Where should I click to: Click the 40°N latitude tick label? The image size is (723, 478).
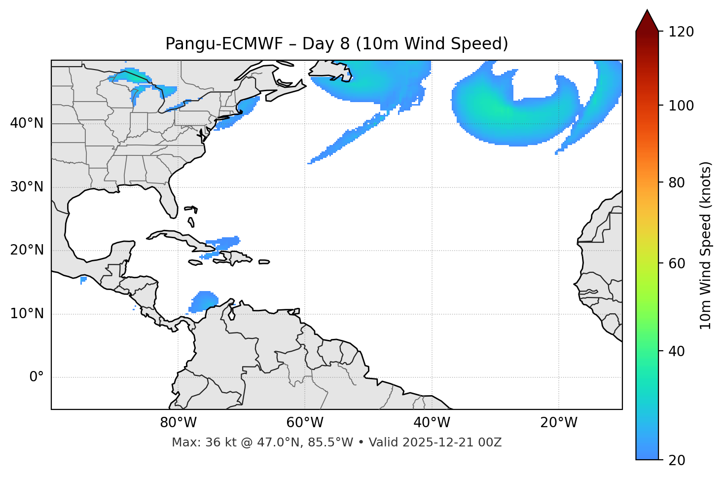point(27,123)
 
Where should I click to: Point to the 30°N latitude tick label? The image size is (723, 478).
point(27,187)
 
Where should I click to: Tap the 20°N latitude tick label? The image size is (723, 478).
point(27,250)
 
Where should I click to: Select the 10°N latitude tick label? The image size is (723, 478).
point(27,314)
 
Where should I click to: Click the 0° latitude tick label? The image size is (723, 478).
point(36,377)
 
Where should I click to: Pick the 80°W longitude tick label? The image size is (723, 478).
point(178,423)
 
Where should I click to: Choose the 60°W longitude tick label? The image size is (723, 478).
point(305,423)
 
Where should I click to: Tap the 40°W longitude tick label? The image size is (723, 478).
point(432,423)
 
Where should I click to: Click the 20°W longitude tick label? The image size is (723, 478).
point(558,423)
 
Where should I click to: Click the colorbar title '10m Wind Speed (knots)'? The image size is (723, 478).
point(706,246)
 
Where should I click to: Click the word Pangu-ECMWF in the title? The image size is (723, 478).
point(224,44)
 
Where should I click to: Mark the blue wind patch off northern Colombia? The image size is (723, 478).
point(204,301)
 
